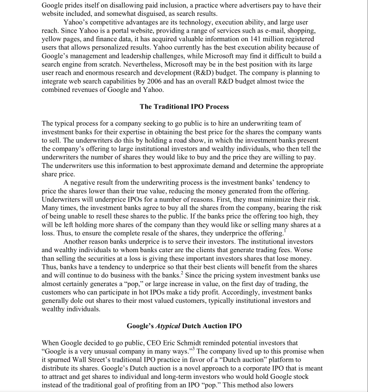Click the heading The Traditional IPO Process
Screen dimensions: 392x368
[x=184, y=107]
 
